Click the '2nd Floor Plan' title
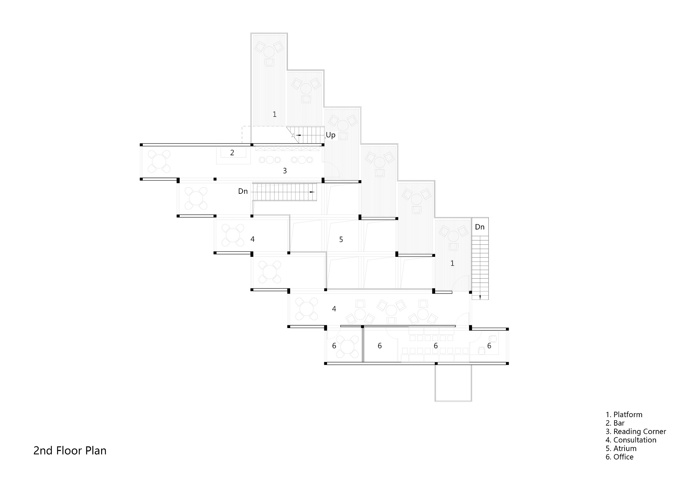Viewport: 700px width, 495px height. pos(70,451)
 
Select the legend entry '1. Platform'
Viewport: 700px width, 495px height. pos(624,414)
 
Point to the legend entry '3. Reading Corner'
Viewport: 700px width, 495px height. pos(636,432)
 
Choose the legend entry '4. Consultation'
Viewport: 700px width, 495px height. pos(631,440)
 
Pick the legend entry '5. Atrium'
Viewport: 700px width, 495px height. pos(621,448)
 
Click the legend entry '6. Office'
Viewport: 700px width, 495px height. pos(619,457)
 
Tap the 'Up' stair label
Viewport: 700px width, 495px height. pos(331,135)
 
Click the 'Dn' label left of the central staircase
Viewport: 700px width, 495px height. pos(243,191)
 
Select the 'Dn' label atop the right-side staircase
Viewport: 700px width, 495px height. pos(480,227)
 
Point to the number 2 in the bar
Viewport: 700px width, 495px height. pos(232,153)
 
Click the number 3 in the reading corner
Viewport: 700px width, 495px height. pos(285,170)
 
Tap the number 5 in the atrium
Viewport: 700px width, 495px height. pos(341,239)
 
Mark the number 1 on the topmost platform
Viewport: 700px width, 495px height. pos(275,114)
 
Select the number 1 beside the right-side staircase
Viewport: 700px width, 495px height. pos(452,263)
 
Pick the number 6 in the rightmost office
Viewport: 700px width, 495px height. pos(489,346)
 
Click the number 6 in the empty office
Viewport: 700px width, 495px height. pos(380,346)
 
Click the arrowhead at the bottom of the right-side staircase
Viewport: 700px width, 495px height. pos(480,297)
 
